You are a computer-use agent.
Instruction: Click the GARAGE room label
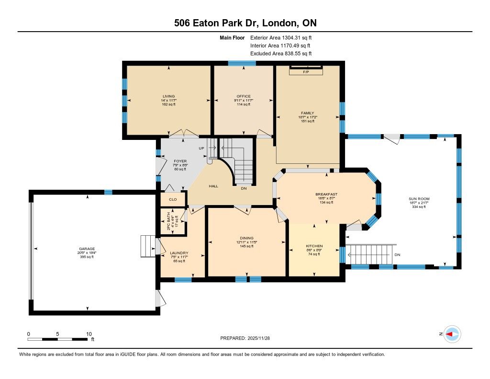[x=87, y=249]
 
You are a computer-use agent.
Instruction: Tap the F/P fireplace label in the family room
[x=306, y=72]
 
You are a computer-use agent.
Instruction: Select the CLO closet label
[x=173, y=199]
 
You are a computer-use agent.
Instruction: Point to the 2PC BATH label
[x=168, y=221]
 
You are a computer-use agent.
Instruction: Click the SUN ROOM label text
[x=419, y=199]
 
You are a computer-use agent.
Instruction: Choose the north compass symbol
[x=452, y=334]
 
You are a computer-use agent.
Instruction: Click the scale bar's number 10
[x=89, y=334]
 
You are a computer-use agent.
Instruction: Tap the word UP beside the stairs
[x=201, y=148]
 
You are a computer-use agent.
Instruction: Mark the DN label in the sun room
[x=397, y=255]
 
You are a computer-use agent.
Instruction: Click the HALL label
[x=213, y=186]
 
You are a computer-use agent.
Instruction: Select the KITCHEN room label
[x=314, y=246]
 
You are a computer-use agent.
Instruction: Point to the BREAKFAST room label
[x=326, y=195]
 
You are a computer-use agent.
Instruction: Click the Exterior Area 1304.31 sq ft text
[x=281, y=38]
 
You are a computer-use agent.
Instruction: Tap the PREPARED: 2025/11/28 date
[x=245, y=338]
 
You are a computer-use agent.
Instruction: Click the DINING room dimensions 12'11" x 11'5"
[x=247, y=242]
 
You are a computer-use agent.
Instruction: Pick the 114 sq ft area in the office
[x=244, y=104]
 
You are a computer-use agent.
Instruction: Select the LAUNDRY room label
[x=179, y=253]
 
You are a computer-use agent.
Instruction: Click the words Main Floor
[x=232, y=38]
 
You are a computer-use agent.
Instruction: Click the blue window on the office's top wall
[x=242, y=63]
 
